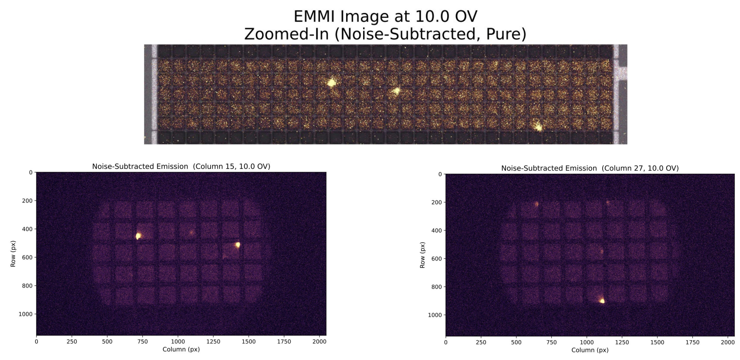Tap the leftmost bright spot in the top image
pyautogui.click(x=332, y=82)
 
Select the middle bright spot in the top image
pyautogui.click(x=396, y=91)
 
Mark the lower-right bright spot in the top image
pyautogui.click(x=538, y=127)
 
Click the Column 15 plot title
pyautogui.click(x=181, y=167)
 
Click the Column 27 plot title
pyautogui.click(x=590, y=168)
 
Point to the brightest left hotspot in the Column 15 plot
pyautogui.click(x=139, y=236)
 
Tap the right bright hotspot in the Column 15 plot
pyautogui.click(x=238, y=245)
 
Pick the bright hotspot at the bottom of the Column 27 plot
pyautogui.click(x=602, y=300)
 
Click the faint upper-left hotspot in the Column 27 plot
pyautogui.click(x=537, y=204)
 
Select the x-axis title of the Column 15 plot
pyautogui.click(x=181, y=349)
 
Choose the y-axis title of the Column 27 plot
pyautogui.click(x=422, y=255)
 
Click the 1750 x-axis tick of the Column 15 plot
pyautogui.click(x=284, y=341)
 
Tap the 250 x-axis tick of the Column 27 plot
pyautogui.click(x=481, y=342)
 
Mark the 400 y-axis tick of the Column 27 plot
pyautogui.click(x=437, y=231)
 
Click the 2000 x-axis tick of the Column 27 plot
pyautogui.click(x=728, y=342)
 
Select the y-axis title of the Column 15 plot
pyautogui.click(x=13, y=254)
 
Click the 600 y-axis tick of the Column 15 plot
pyautogui.click(x=27, y=257)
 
